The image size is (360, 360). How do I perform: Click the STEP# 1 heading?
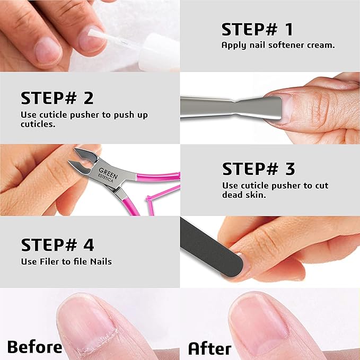coord(257,29)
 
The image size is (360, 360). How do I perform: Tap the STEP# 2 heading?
coord(57,98)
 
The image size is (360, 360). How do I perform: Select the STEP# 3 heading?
coord(259,169)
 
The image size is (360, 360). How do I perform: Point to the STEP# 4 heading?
coord(57,245)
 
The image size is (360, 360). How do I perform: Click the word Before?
coord(34,347)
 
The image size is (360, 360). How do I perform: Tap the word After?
coord(210,348)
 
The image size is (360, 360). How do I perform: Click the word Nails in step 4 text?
coord(100,261)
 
